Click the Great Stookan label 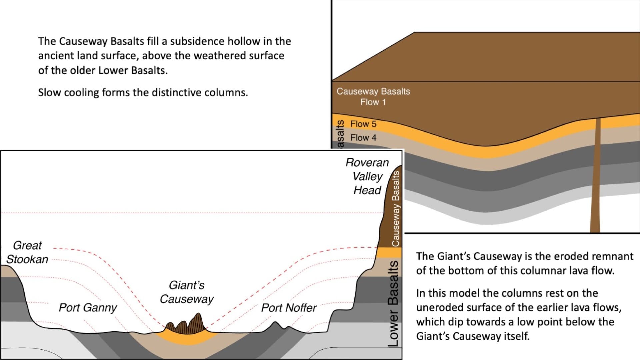27,252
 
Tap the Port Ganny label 88,307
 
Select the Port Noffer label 289,308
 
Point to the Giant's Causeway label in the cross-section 187,292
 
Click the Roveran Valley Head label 367,176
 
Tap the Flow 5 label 363,124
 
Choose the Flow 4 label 363,138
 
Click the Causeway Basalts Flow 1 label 373,97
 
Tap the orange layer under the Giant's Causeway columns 187,338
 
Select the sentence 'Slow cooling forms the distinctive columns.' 143,92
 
